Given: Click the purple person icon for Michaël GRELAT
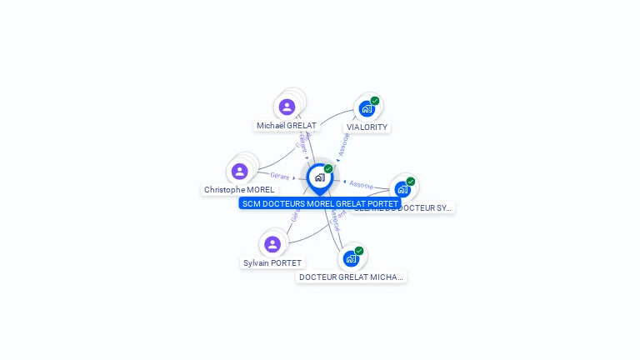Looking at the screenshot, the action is pyautogui.click(x=287, y=107).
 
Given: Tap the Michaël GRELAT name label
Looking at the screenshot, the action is pyautogui.click(x=287, y=126).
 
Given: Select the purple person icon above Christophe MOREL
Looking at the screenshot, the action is pyautogui.click(x=240, y=171).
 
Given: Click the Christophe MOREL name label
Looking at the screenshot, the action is pyautogui.click(x=239, y=190).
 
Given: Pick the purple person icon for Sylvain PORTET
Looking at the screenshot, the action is pyautogui.click(x=272, y=244).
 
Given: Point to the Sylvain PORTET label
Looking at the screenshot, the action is pyautogui.click(x=272, y=263).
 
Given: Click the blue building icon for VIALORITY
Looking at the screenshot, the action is pyautogui.click(x=366, y=108).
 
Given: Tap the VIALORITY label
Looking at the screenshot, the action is pyautogui.click(x=367, y=127).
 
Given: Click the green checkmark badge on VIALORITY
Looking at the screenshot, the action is pyautogui.click(x=375, y=101).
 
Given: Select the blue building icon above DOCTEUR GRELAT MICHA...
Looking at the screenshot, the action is pyautogui.click(x=351, y=258).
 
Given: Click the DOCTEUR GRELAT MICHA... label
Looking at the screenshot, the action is pyautogui.click(x=352, y=277).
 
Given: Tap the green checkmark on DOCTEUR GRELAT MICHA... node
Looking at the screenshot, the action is pyautogui.click(x=359, y=251).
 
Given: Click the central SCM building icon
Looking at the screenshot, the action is pyautogui.click(x=319, y=177).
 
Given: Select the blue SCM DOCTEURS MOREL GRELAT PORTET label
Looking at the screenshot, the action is pyautogui.click(x=320, y=203).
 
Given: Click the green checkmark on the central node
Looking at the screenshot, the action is pyautogui.click(x=328, y=169).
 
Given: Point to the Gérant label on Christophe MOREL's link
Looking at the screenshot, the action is pyautogui.click(x=280, y=176).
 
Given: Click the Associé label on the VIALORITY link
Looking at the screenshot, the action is pyautogui.click(x=342, y=145).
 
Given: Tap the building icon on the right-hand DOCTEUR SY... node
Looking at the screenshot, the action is pyautogui.click(x=402, y=189).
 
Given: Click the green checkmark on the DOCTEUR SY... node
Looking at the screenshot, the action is pyautogui.click(x=411, y=182).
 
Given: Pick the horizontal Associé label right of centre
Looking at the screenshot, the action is pyautogui.click(x=362, y=184).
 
